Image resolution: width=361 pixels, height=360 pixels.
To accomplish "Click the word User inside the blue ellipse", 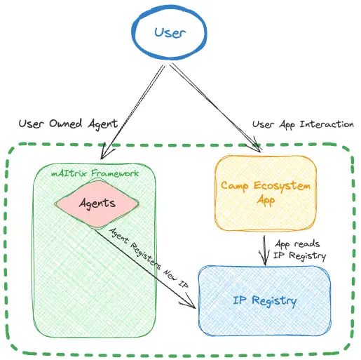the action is click(170, 33).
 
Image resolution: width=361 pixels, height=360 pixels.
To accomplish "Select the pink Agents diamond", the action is click(97, 204).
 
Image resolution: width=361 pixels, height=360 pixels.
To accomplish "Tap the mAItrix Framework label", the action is click(95, 173).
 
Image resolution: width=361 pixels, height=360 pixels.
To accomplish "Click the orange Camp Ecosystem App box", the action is click(266, 193).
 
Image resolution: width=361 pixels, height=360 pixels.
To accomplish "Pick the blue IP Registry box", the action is click(265, 301).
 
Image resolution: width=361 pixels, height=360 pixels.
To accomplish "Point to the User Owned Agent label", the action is click(68, 124).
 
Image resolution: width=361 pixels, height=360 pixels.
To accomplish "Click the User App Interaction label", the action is click(303, 124).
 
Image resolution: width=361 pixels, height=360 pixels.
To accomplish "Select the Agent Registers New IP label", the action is click(149, 258).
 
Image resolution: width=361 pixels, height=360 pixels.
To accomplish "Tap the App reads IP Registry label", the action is click(299, 250).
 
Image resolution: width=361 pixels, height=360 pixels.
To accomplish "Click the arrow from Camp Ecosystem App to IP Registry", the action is click(264, 251).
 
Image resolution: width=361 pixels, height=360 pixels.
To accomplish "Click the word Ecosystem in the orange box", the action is click(282, 186).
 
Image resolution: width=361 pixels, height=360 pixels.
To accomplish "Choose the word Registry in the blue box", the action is click(274, 301).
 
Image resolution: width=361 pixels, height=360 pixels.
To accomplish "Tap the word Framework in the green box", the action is click(115, 173).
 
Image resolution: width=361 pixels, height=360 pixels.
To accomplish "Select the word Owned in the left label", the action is click(66, 124).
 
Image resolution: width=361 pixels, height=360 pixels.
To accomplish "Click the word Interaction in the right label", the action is click(327, 124).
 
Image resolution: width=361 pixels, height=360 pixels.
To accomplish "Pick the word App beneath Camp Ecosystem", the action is click(266, 201).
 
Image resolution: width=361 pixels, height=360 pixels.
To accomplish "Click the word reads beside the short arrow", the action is click(306, 244).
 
